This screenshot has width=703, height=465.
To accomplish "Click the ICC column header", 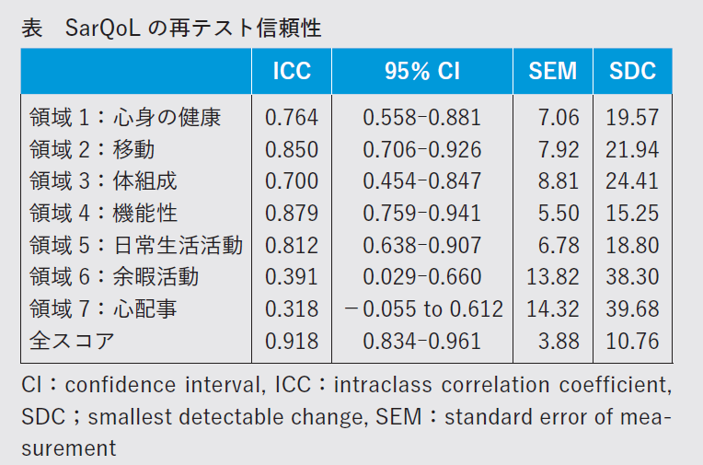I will pos(292,70).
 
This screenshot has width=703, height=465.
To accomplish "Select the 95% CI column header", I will pos(421,70).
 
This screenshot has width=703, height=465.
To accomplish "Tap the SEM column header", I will pos(553,70).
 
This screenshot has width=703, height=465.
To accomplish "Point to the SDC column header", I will pos(632,70).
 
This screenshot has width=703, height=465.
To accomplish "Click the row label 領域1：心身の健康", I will pos(125,117).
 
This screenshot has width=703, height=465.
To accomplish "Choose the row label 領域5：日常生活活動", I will pos(136,245).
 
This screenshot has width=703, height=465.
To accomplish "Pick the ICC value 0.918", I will pos(292,341).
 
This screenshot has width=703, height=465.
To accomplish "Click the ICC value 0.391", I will pos(292,277).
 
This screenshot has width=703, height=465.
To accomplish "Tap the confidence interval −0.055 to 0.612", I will pos(423,308).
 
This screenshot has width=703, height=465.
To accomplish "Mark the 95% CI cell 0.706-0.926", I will pos(422,149).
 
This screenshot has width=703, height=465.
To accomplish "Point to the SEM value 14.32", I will pos(553,308).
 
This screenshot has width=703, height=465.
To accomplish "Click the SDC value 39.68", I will pos(632,308).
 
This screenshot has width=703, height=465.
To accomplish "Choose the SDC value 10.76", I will pos(632,341).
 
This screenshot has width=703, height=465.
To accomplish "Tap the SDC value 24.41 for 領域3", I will pos(632,181).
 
